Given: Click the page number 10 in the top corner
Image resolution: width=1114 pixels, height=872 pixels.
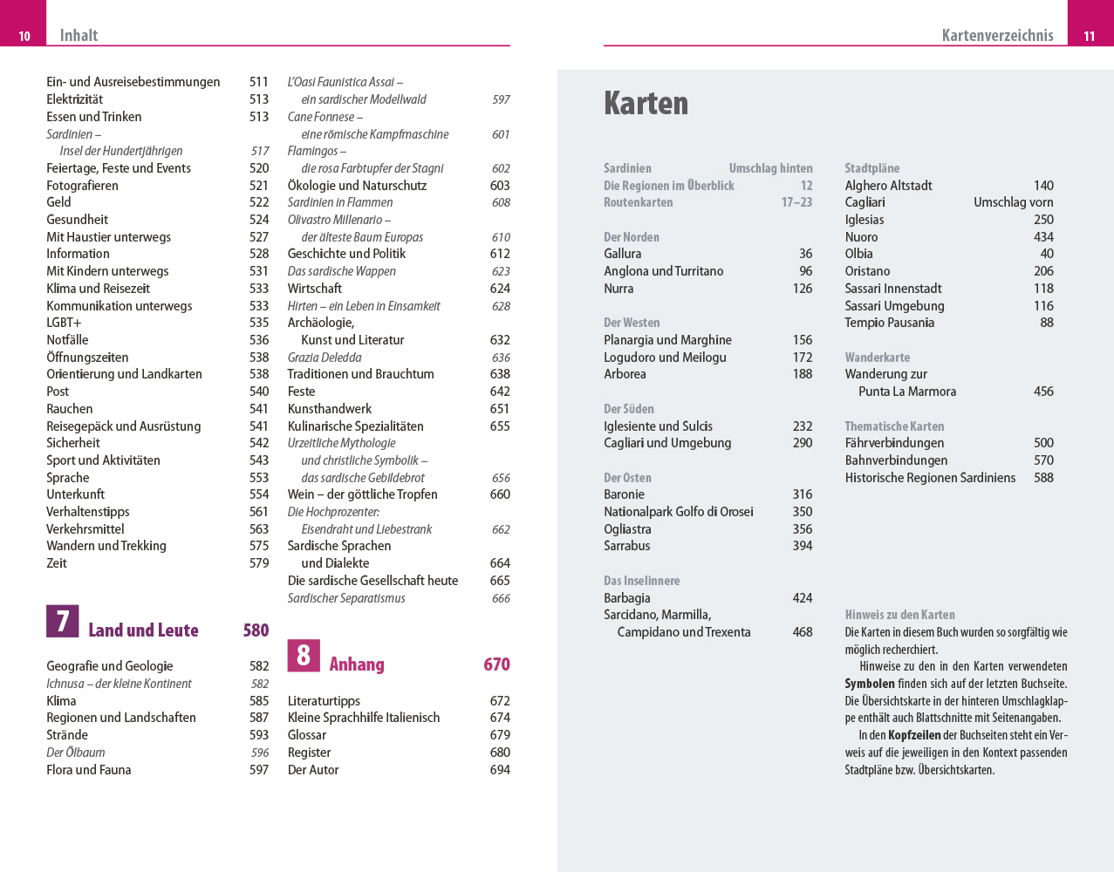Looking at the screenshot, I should tap(24, 36).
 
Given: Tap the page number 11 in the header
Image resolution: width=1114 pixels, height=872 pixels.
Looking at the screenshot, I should tap(1089, 36).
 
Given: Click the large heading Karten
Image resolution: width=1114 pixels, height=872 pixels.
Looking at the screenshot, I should tap(646, 103).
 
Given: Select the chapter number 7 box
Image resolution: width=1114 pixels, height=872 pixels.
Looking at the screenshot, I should tap(63, 621).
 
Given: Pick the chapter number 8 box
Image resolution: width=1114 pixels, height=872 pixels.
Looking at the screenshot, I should tap(304, 655).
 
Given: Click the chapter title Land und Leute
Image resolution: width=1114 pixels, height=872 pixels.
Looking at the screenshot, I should tap(143, 630).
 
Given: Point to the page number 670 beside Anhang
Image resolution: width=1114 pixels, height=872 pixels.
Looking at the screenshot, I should tap(496, 664).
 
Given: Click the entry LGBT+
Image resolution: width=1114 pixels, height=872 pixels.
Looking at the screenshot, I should tap(64, 323).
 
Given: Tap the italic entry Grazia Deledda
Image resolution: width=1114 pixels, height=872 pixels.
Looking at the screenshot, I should tap(325, 358).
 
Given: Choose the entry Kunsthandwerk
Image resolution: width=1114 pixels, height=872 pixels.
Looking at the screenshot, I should tap(330, 409).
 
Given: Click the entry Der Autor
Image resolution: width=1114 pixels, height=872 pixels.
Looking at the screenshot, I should tap(313, 770).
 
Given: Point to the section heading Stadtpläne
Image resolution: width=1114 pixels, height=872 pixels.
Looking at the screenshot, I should tap(871, 168).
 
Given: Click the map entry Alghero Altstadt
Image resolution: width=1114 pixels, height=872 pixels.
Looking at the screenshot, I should tap(888, 186).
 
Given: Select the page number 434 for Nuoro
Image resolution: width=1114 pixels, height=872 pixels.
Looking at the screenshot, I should tap(1043, 237).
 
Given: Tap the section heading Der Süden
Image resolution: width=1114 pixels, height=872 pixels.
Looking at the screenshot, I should tap(628, 409).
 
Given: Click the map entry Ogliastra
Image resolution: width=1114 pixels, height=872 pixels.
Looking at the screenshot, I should tap(627, 529).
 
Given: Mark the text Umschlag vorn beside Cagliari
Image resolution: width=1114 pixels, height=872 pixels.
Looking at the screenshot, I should tap(1013, 202).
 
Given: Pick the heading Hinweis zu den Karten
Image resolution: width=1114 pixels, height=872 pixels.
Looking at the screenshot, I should tap(899, 615).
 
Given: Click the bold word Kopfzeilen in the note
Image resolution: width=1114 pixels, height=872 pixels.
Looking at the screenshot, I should tap(913, 735).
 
